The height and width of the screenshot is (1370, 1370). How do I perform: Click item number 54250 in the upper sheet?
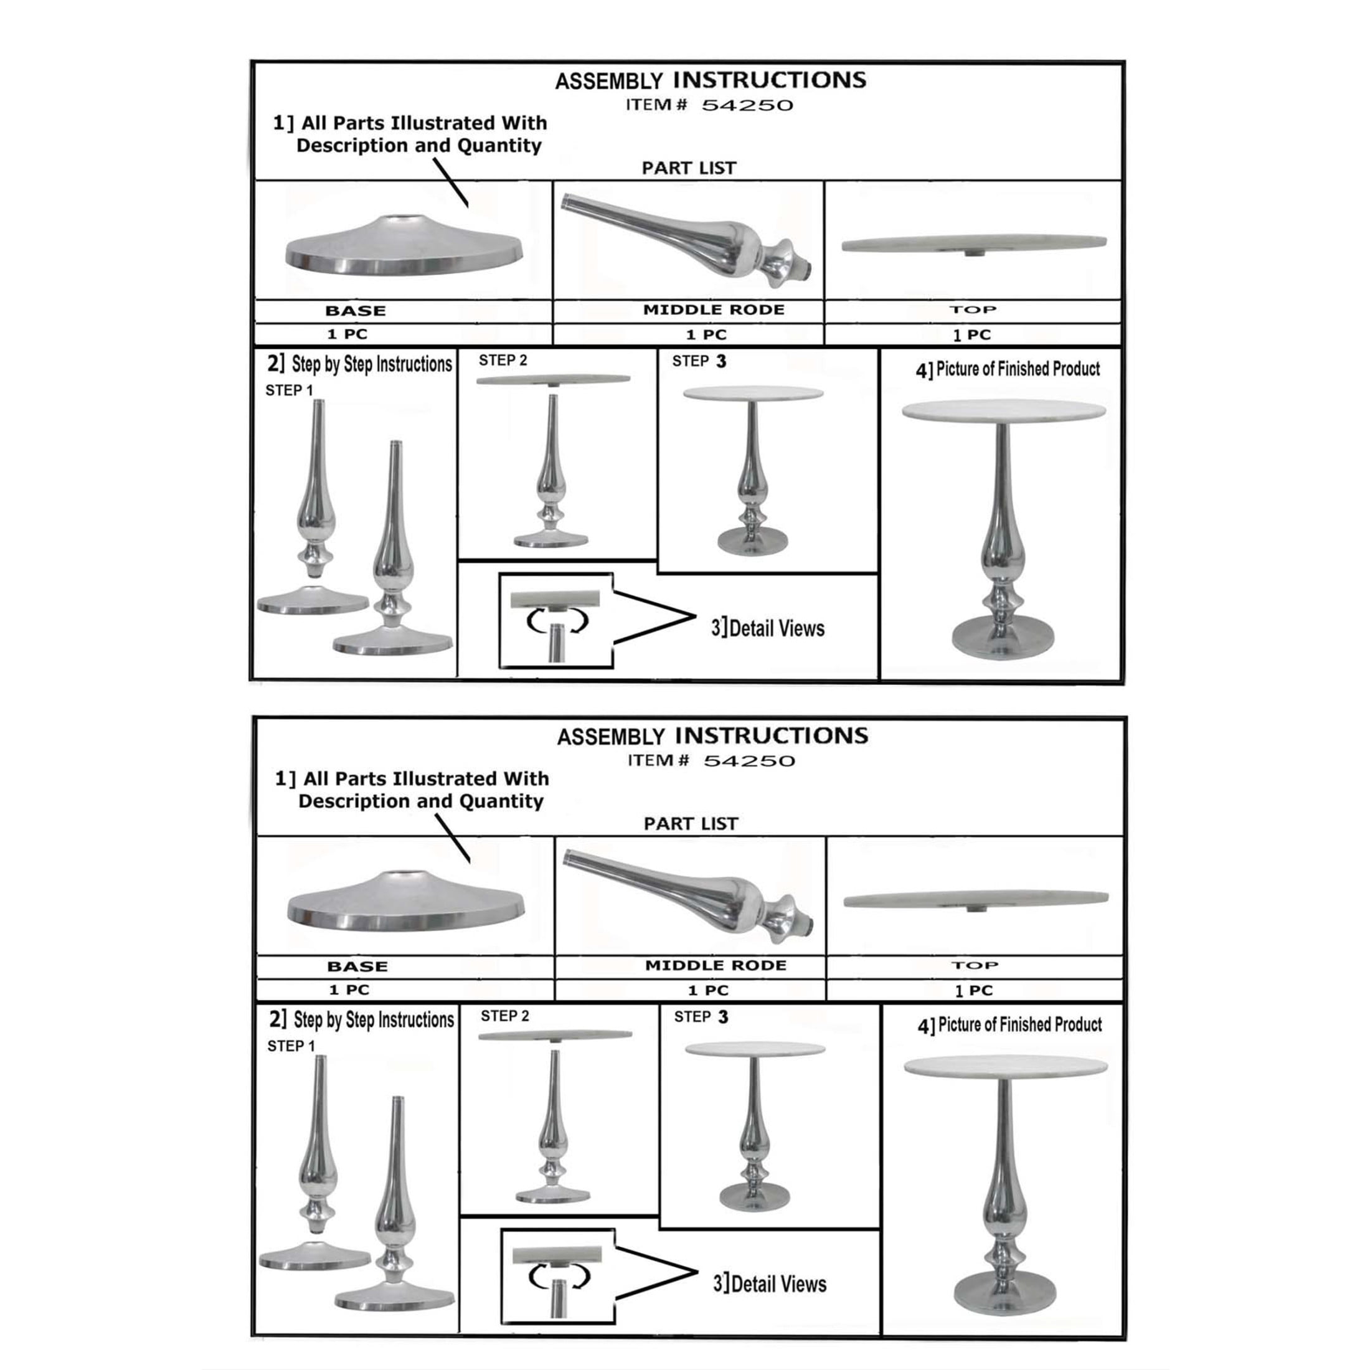pyautogui.click(x=747, y=106)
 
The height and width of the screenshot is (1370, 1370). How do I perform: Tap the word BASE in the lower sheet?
pyautogui.click(x=357, y=966)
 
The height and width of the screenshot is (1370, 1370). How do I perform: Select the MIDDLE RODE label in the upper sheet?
pyautogui.click(x=714, y=310)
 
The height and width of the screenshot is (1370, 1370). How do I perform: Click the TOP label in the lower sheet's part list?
pyautogui.click(x=975, y=965)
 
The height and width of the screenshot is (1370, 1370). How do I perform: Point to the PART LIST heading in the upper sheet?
pyautogui.click(x=689, y=168)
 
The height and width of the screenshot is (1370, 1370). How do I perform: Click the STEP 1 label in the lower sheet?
pyautogui.click(x=291, y=1046)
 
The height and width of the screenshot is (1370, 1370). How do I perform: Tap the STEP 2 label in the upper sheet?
pyautogui.click(x=503, y=360)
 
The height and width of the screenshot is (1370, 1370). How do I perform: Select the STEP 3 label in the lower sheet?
pyautogui.click(x=701, y=1017)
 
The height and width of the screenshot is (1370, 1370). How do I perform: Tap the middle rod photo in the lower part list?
pyautogui.click(x=690, y=895)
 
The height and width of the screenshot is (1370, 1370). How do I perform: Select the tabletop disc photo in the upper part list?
pyautogui.click(x=973, y=244)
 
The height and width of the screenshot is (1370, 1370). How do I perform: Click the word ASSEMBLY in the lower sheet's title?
pyautogui.click(x=610, y=737)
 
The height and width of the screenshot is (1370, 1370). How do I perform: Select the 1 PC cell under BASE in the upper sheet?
pyautogui.click(x=347, y=334)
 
